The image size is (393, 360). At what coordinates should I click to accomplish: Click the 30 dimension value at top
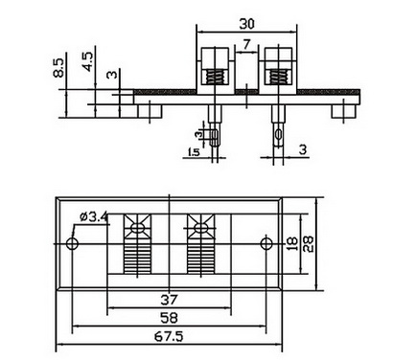point(247,24)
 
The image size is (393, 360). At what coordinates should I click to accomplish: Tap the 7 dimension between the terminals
point(246,44)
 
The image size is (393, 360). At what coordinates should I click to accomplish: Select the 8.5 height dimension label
point(58,67)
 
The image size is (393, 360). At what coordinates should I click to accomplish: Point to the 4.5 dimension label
point(87,61)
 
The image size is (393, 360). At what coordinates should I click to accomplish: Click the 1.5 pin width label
point(194,152)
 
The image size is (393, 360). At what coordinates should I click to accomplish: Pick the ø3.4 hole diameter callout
point(94,217)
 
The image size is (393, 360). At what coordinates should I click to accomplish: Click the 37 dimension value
point(169,300)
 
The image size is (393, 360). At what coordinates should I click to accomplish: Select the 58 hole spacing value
point(169,318)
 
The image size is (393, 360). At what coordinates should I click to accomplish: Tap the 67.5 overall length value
point(169,336)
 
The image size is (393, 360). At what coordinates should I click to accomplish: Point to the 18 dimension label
point(292,244)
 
